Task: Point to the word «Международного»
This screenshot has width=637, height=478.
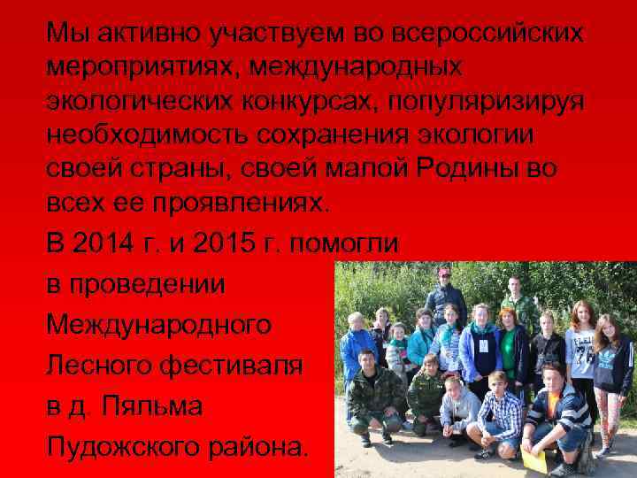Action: pos(159,325)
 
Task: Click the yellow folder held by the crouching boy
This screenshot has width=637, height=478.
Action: pos(535,459)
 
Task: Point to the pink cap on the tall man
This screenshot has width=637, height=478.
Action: pos(445,271)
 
